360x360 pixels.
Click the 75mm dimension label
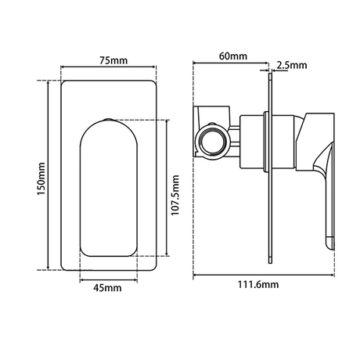coord(113,60)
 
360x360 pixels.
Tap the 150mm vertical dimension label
coord(41,178)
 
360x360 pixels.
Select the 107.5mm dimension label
coord(175,196)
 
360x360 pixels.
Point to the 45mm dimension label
coord(107,288)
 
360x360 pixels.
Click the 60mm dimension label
coord(233,56)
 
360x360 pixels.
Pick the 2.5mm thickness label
coord(292,65)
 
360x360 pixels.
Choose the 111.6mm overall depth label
coord(258,284)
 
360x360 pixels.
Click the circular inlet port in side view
coord(211,141)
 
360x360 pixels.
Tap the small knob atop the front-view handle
coord(108,120)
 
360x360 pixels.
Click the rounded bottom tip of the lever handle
coord(329,243)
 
